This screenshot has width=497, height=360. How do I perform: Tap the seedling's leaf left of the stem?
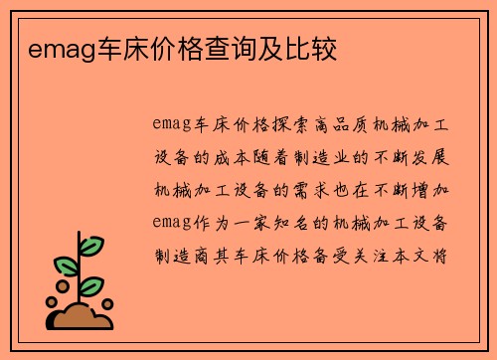coord(67,267)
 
